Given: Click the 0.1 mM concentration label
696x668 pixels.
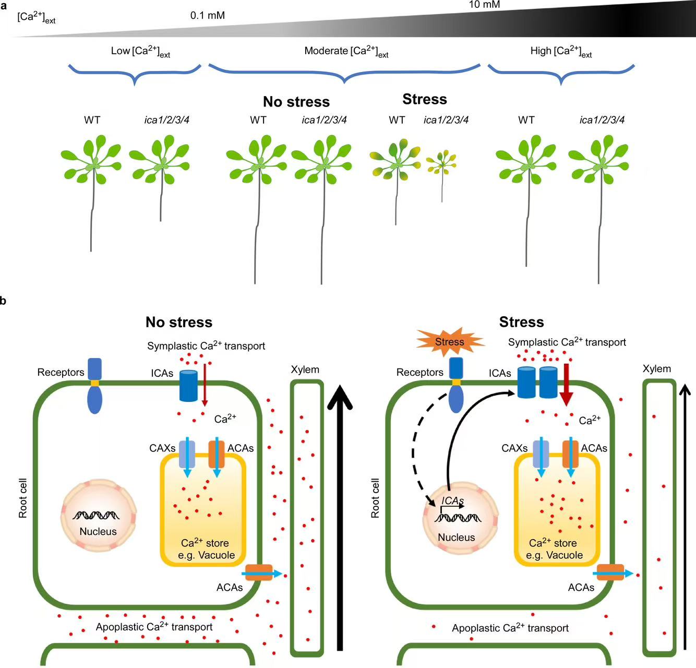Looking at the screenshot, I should click(208, 16).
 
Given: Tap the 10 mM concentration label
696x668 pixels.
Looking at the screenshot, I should click(484, 5).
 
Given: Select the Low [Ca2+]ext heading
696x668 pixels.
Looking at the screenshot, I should click(140, 51).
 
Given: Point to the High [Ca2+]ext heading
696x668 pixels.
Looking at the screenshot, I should click(561, 51).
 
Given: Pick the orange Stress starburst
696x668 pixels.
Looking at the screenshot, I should click(450, 342).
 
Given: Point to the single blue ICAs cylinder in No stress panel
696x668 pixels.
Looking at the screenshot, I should click(188, 386).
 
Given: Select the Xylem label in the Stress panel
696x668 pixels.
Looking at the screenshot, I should click(656, 369).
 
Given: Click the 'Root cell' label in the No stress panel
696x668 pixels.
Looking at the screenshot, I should click(23, 498).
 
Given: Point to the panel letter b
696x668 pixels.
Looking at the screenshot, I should click(4, 301).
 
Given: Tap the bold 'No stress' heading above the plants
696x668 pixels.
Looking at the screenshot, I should click(296, 102).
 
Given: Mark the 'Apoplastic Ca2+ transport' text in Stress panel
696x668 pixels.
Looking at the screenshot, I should click(510, 628).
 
